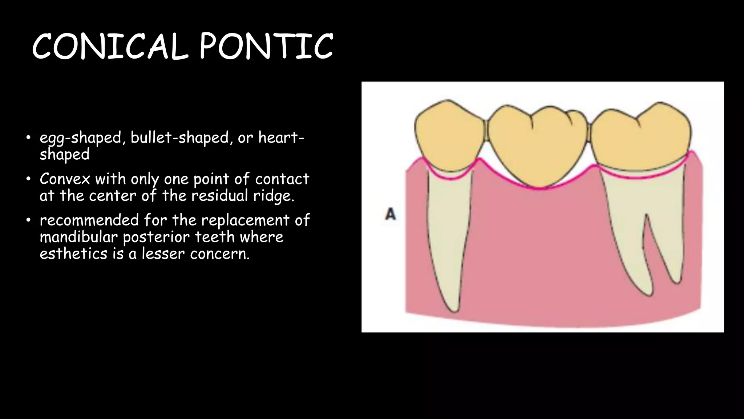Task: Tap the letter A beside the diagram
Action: coord(390,214)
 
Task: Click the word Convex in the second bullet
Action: coord(65,179)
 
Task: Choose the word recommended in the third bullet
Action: coord(89,220)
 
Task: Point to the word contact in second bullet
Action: coord(282,179)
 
